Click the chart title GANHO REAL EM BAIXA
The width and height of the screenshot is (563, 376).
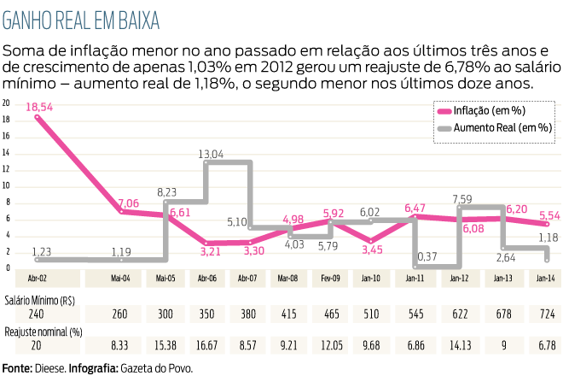(81, 18)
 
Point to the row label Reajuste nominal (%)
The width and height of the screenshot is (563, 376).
(44, 330)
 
